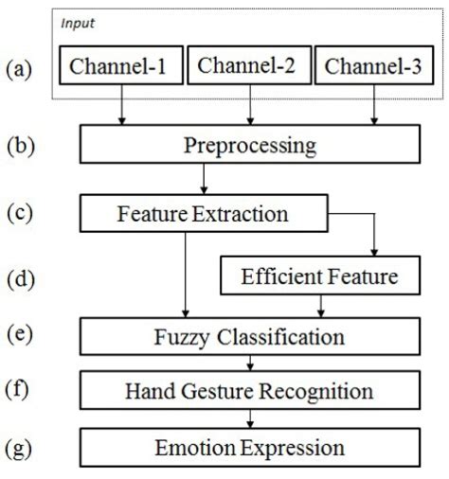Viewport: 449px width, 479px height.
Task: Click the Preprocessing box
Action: click(249, 148)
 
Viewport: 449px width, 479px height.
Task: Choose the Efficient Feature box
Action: click(319, 277)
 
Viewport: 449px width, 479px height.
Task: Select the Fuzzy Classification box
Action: click(249, 336)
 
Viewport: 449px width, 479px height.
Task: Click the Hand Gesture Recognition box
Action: click(249, 390)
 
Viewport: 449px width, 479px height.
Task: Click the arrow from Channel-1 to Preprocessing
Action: click(122, 108)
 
